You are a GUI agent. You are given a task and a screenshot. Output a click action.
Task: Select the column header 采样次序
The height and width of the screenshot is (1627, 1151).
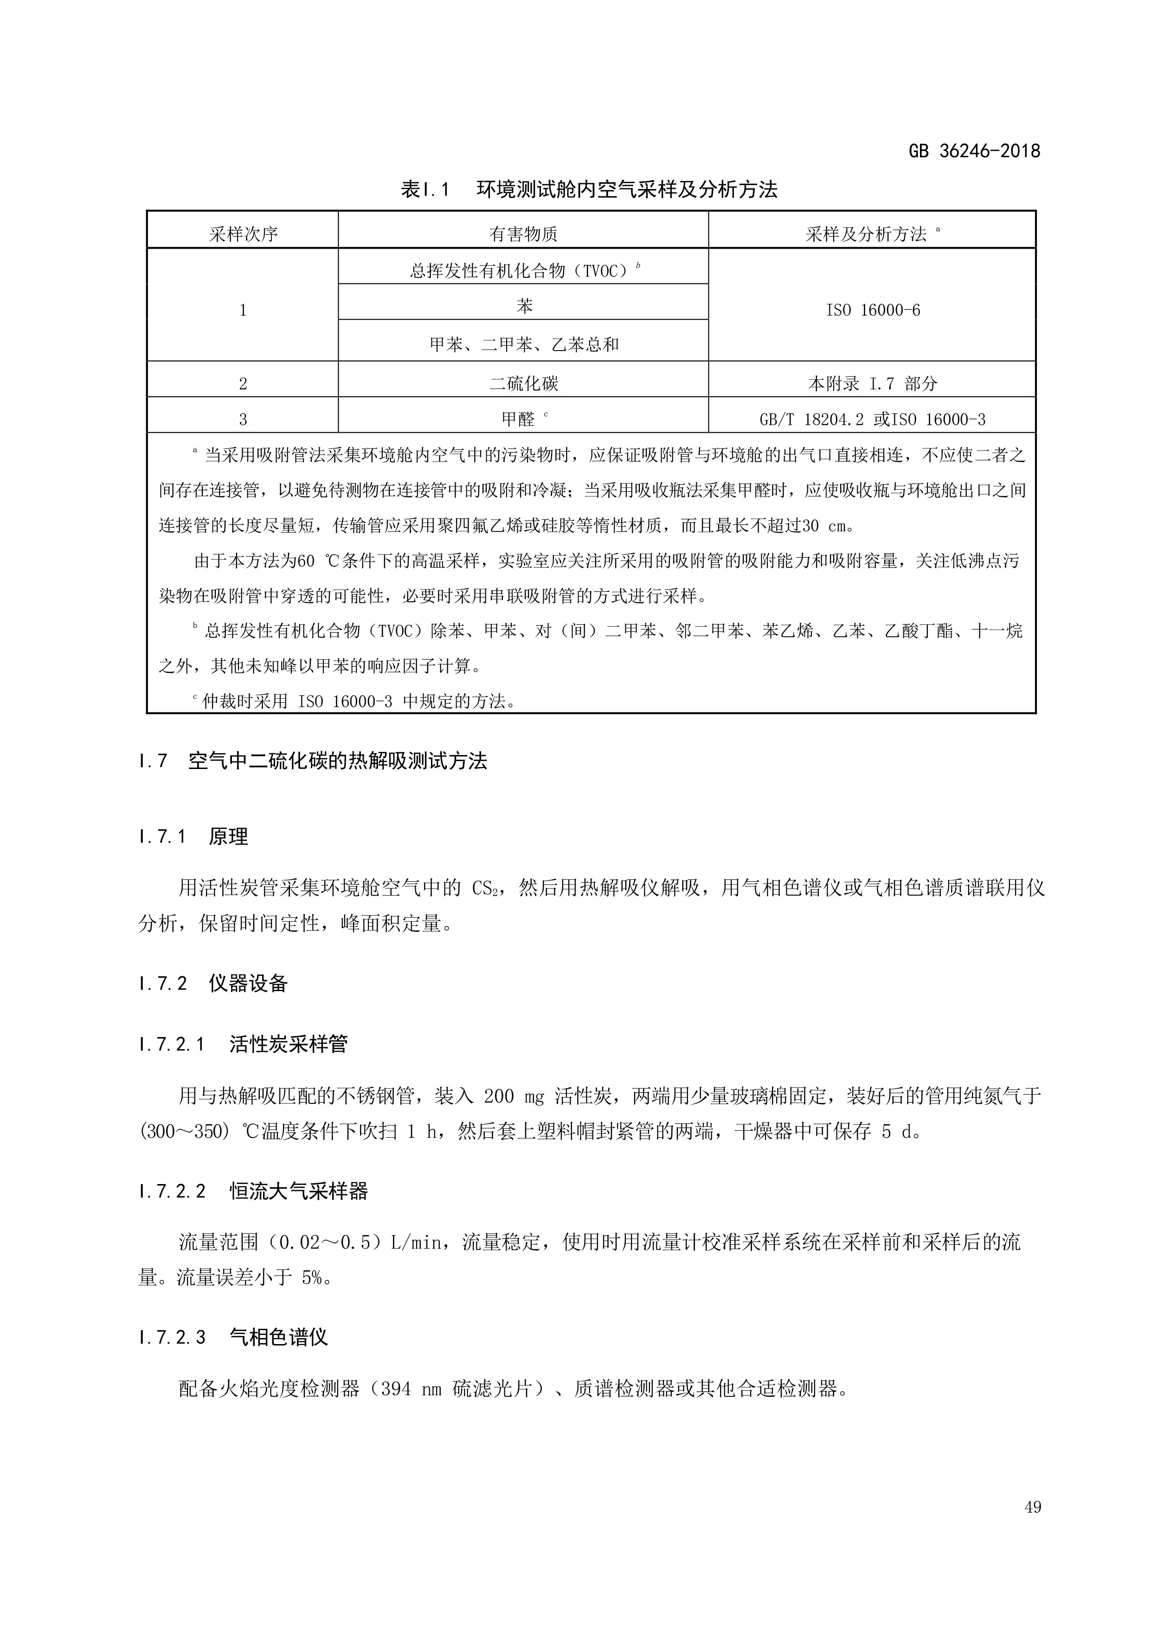point(243,234)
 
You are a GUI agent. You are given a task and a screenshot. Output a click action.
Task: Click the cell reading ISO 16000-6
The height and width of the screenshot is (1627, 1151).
point(873,310)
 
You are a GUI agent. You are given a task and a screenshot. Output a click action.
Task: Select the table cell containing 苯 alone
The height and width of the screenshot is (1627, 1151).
point(524,306)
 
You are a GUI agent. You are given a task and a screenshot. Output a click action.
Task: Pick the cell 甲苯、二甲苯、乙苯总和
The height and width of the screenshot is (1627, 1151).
point(524,345)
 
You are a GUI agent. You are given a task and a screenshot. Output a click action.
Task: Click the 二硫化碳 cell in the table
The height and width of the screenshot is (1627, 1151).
point(524,384)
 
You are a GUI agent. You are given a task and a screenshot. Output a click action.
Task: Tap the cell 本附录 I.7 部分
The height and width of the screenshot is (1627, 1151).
point(873,384)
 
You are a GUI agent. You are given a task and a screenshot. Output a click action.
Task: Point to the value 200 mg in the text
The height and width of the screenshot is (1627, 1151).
point(514,1096)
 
